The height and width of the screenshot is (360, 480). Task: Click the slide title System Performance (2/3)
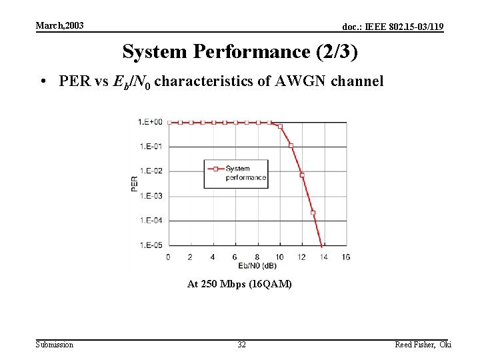click(x=235, y=51)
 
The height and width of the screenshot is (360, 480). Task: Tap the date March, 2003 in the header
click(x=59, y=25)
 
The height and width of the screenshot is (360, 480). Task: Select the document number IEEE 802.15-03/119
click(x=393, y=27)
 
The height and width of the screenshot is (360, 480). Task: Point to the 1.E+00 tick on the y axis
click(x=150, y=122)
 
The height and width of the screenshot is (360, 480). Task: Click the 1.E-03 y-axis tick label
click(x=150, y=196)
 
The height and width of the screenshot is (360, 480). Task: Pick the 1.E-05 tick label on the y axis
click(x=150, y=245)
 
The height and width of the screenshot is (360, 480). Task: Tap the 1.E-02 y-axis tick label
click(x=150, y=171)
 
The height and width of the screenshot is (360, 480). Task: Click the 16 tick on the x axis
click(x=345, y=257)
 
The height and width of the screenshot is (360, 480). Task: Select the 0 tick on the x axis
click(x=167, y=257)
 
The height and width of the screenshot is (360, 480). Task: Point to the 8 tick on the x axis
click(x=257, y=257)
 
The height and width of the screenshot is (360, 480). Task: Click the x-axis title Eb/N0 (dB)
click(x=257, y=266)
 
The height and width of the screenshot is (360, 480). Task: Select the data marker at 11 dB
click(x=291, y=145)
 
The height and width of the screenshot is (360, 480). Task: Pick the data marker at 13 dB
click(x=313, y=213)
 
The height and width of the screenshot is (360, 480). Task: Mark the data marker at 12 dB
click(x=302, y=175)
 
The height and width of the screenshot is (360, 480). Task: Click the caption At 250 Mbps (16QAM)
click(x=239, y=284)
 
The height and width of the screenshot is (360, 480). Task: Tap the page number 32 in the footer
click(x=241, y=345)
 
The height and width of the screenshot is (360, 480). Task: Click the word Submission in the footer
click(x=55, y=345)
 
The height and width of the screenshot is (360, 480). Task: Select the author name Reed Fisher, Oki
click(x=423, y=345)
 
